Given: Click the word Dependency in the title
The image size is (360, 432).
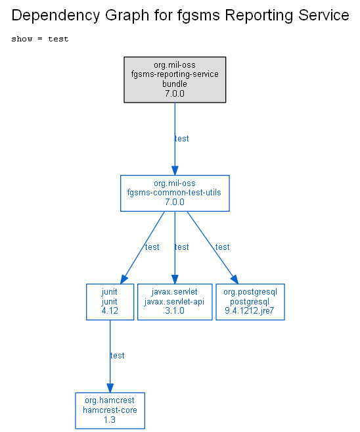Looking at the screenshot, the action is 55,15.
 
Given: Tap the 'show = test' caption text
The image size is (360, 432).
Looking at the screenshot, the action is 40,39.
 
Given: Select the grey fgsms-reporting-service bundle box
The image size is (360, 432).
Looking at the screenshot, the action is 175,80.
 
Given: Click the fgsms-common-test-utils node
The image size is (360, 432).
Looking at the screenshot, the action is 175,193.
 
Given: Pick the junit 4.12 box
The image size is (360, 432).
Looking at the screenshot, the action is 110,302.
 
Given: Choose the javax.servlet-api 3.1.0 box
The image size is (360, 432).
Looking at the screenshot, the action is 175,302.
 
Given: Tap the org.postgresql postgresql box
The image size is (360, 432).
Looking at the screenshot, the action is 250,302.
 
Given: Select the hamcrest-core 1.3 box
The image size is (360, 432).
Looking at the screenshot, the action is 110,410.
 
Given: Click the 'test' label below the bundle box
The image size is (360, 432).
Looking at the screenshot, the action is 182,138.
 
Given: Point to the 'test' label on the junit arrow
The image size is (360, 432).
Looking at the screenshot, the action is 152,247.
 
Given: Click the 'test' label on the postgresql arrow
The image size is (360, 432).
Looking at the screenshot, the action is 223,247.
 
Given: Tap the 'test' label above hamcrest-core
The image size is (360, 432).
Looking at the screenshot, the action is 117,356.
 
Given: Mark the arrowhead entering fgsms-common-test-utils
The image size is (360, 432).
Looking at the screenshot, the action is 175,170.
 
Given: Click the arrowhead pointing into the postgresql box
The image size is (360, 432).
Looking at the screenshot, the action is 235,279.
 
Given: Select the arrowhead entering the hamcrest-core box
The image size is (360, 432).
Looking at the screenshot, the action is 110,388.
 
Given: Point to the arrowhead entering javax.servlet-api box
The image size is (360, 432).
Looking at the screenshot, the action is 175,279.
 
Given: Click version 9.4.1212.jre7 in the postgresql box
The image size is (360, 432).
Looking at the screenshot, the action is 250,311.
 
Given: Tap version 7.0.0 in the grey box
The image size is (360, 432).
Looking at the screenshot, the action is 175,93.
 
